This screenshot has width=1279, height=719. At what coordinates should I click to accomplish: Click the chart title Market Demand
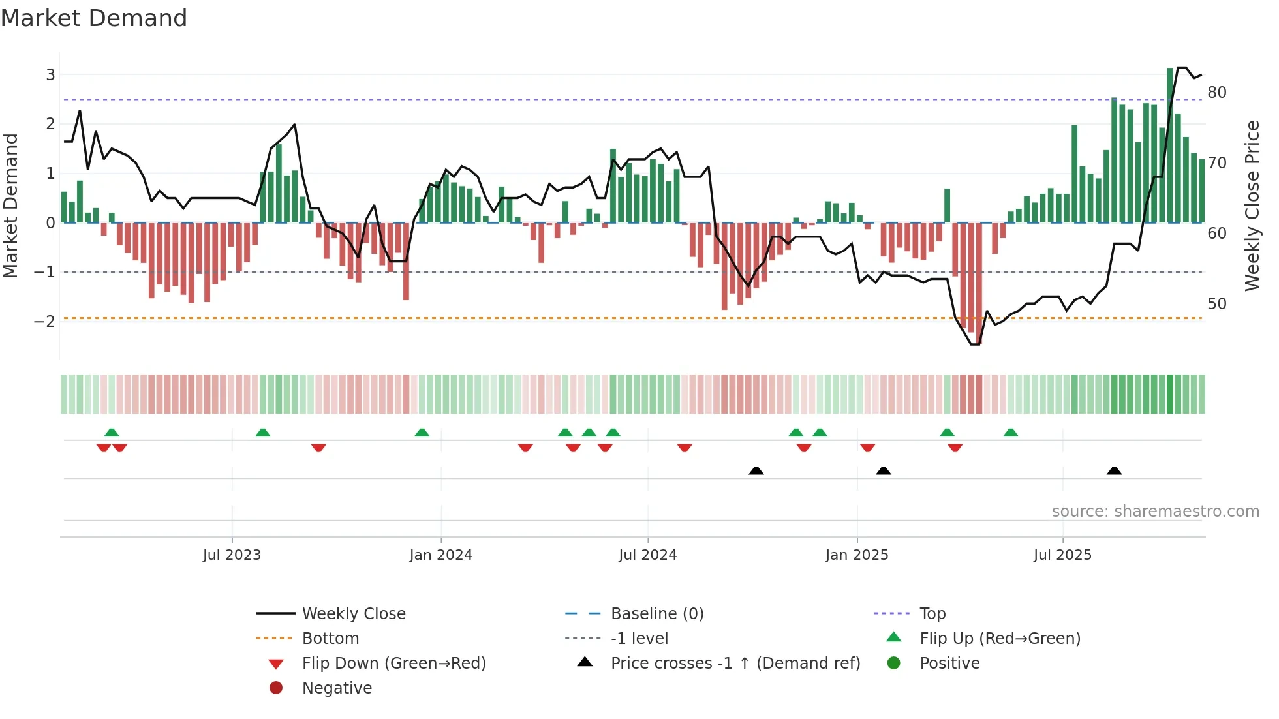pos(94,18)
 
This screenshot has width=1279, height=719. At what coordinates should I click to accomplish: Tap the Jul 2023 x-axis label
pos(232,555)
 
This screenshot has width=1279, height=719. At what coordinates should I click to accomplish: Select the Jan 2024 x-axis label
pos(440,555)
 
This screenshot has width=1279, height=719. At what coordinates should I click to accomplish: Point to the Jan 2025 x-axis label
pos(856,555)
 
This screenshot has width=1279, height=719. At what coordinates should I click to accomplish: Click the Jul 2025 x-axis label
pos(1062,555)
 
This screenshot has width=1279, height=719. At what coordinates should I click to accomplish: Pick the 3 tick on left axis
pos(50,75)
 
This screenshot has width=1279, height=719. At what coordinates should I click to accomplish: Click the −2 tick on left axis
pos(45,321)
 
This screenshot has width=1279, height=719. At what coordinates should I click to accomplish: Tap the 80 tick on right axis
pos(1217,93)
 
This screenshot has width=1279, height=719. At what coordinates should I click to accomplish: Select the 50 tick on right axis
pos(1217,304)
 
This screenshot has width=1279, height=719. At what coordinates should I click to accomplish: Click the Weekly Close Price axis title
pos(1252,206)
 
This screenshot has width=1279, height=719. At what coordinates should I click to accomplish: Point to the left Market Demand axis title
pos(11,206)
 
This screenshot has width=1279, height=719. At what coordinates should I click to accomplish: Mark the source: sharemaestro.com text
pos(1155,512)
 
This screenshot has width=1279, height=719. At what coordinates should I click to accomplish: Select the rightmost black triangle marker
pos(1114,470)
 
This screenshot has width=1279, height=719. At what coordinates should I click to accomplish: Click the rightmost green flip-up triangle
pos(1010,433)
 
